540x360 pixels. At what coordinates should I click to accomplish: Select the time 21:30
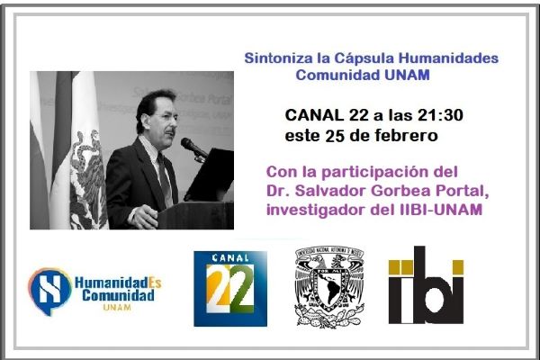[x=440, y=115]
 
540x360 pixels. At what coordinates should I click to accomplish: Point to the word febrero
[x=407, y=135]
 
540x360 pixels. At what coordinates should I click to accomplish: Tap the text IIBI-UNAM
[x=441, y=210]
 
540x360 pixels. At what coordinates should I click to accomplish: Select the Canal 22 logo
[x=230, y=289]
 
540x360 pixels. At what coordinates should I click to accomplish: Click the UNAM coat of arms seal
[x=329, y=286]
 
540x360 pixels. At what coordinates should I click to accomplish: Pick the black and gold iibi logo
[x=426, y=285]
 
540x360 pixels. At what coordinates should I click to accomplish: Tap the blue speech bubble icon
[x=49, y=290]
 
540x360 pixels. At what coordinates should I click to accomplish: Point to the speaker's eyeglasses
[x=167, y=117]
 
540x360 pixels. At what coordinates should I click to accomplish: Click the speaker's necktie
[x=165, y=180]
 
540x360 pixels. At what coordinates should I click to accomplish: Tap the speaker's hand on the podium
[x=144, y=217]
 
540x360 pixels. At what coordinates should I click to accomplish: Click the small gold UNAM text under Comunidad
[x=117, y=307]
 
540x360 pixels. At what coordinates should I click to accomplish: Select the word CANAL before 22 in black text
[x=314, y=115]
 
